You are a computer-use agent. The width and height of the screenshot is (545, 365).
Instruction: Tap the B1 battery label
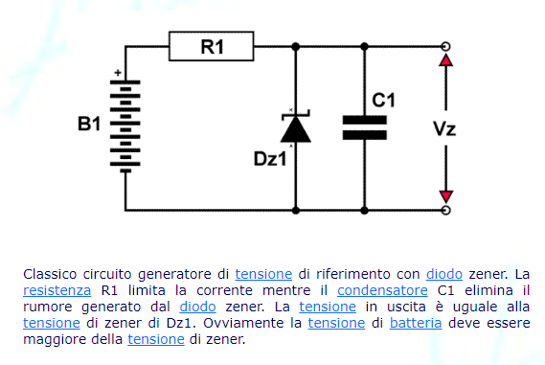pos(89,124)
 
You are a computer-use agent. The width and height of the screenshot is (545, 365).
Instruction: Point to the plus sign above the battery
pos(118,73)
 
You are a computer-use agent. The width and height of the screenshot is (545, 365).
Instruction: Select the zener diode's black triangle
pos(296,129)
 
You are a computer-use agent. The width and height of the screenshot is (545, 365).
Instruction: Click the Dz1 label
pos(270,159)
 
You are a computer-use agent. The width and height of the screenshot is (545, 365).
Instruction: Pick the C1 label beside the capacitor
pos(383,101)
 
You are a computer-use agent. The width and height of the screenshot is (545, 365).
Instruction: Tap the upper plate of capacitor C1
pos(365,120)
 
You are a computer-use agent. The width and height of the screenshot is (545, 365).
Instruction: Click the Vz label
pos(444,128)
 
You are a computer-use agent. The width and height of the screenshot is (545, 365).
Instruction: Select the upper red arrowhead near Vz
pos(446,59)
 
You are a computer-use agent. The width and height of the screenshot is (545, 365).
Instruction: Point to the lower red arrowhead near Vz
pos(446,196)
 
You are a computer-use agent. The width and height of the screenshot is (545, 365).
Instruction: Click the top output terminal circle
pos(446,46)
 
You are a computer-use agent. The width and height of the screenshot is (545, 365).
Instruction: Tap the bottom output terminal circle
pos(446,211)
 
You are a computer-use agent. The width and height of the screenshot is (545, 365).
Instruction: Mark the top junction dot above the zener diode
pos(296,46)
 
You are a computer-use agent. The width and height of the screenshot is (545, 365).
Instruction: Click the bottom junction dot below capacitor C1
pos(364,211)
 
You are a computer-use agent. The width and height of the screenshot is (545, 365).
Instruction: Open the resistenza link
pos(57,290)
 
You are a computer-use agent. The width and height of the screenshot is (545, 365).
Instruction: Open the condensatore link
pos(382,290)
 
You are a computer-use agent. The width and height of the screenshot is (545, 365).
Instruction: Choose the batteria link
pos(416,323)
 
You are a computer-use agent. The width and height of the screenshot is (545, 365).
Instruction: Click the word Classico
pos(50,274)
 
